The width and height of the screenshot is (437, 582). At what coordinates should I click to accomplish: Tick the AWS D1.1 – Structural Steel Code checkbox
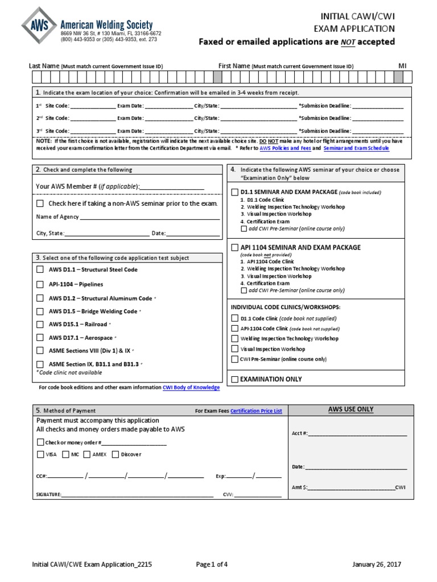[x=40, y=269]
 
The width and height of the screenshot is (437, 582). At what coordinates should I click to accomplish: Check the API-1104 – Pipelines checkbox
[x=40, y=284]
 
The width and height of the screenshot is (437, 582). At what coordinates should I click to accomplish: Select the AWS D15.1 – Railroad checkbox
[x=40, y=325]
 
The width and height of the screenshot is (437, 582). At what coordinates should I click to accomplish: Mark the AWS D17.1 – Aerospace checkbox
[x=40, y=338]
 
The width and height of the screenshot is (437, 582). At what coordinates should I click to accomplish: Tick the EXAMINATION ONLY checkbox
[x=234, y=379]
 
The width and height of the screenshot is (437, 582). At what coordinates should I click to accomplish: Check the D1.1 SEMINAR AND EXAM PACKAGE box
[x=234, y=192]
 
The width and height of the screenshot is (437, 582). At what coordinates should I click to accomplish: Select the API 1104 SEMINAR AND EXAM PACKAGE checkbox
[x=234, y=248]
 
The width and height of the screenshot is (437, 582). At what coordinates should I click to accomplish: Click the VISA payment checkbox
[x=40, y=454]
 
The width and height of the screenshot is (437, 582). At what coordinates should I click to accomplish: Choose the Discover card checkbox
[x=116, y=454]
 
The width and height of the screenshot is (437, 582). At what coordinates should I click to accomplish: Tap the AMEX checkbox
[x=87, y=454]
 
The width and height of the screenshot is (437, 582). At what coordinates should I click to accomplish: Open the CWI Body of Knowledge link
[x=191, y=388]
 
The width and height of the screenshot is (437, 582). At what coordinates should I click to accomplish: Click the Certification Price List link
[x=256, y=410]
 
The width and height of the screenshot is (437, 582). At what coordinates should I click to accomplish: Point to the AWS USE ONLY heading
[x=351, y=409]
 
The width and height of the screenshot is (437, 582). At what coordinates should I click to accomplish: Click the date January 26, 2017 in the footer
[x=377, y=564]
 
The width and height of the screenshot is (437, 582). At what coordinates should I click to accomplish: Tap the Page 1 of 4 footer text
[x=212, y=564]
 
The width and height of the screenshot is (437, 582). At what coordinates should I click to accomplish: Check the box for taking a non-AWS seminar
[x=40, y=203]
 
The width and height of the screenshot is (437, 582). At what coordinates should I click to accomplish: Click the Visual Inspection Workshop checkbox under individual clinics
[x=234, y=349]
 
